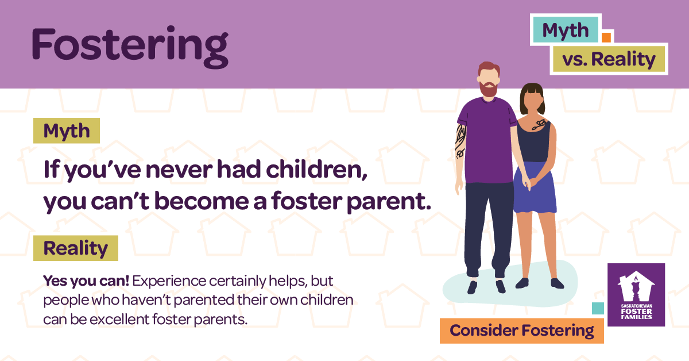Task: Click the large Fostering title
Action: click(x=130, y=45)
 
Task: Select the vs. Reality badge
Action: click(x=609, y=59)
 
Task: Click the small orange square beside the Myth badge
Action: click(x=605, y=37)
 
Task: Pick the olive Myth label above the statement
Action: click(x=67, y=131)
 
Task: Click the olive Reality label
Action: click(x=76, y=248)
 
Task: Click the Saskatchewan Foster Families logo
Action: click(x=636, y=295)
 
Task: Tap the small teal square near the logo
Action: click(x=598, y=309)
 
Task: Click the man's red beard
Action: click(x=489, y=89)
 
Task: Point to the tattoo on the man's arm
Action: click(x=460, y=141)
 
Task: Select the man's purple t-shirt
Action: click(x=487, y=138)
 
